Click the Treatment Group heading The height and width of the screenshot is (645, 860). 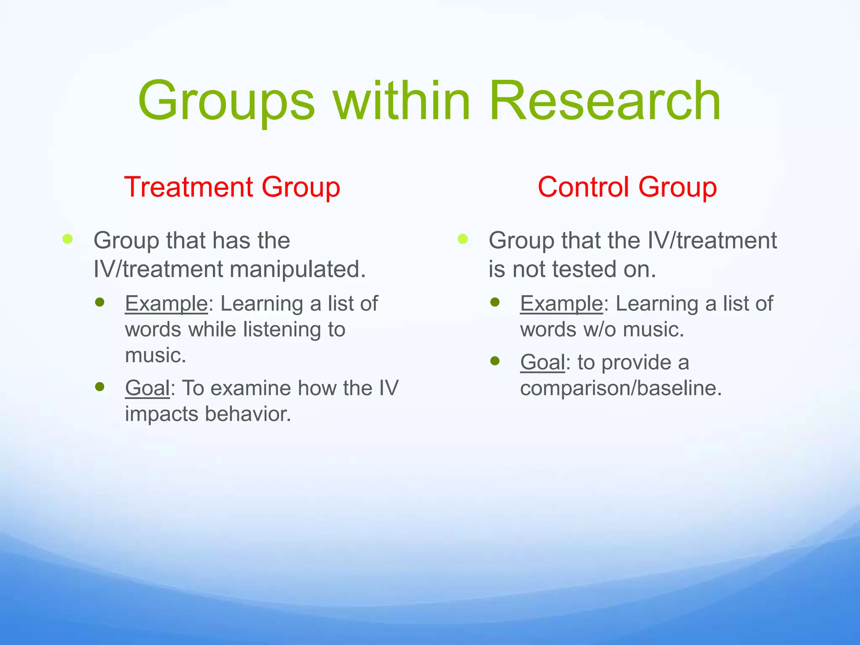pos(232,187)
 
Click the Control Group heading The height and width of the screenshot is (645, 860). pos(627,187)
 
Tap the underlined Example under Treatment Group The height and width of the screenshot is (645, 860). pos(166,303)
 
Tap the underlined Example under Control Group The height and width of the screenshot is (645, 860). pos(561,303)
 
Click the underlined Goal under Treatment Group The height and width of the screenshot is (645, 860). pos(147,388)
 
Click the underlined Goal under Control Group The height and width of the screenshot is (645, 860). pos(543,362)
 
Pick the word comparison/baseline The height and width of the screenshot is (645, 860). pos(621,388)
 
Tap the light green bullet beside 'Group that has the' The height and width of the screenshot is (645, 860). pos(68,239)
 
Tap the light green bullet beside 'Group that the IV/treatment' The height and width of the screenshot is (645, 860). pos(463,239)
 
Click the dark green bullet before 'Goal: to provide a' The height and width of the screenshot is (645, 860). pos(495,361)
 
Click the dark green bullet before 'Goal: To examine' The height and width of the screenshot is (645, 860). pos(100,386)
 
